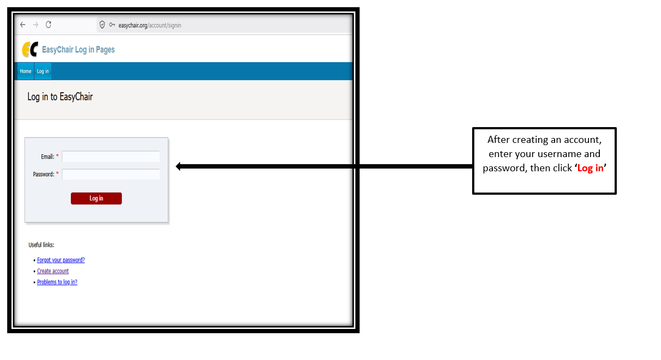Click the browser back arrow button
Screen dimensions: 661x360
23,25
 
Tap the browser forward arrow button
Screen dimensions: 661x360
35,25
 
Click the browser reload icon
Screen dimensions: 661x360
49,25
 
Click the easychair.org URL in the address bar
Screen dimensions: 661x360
150,25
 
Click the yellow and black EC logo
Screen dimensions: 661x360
30,49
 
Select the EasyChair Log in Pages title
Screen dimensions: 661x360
78,50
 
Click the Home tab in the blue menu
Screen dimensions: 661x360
26,71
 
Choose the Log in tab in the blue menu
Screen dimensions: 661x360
43,71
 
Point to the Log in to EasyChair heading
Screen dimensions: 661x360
60,97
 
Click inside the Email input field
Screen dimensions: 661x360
111,157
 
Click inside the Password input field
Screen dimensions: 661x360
111,174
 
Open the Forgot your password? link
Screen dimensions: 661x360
61,260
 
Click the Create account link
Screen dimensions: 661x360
53,271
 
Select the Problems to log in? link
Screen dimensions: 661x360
57,282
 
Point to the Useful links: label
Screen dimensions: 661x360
41,245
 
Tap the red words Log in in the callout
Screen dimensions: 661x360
590,168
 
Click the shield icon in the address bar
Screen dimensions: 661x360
102,25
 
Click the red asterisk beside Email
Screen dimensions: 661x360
57,155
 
